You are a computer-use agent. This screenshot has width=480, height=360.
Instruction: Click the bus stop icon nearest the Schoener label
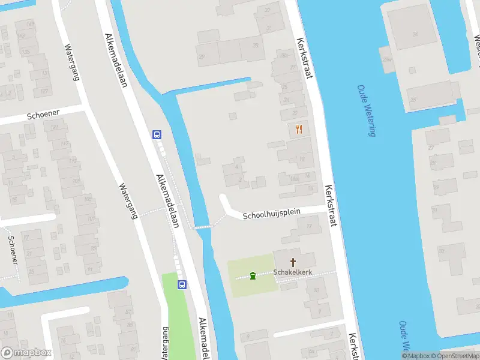point(157,135)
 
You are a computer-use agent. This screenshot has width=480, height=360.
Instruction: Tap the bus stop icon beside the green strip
point(181,285)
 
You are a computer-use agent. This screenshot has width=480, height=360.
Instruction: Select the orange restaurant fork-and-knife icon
point(299,129)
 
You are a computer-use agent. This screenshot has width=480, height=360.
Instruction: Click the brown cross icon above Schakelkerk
point(293,262)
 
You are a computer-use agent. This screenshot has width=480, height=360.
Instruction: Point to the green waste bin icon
point(253,275)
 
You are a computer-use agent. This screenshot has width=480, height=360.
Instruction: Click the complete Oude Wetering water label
point(366,110)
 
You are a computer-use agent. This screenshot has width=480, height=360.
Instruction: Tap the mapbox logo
point(26,353)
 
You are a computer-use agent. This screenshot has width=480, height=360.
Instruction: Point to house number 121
point(55,127)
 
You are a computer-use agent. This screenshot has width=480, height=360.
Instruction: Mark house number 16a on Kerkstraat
point(293,179)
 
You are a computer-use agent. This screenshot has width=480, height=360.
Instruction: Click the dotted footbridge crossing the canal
point(202,227)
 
